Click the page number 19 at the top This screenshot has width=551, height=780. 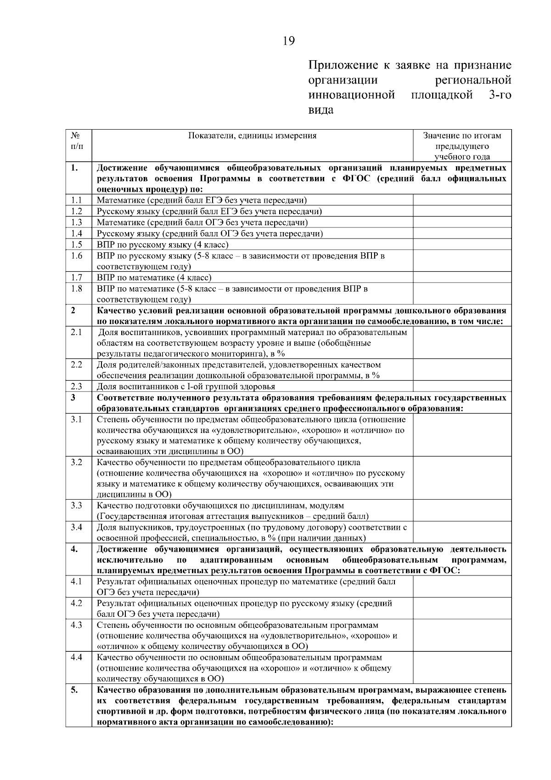click(289, 41)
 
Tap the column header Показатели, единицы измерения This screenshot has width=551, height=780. click(252, 136)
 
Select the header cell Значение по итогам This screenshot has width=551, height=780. click(462, 136)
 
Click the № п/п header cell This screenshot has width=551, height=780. click(77, 141)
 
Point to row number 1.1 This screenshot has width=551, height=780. click(77, 200)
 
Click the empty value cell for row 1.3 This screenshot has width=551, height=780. click(462, 222)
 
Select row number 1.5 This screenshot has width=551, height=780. click(77, 245)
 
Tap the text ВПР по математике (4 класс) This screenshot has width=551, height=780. click(154, 278)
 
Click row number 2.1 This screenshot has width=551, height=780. click(77, 332)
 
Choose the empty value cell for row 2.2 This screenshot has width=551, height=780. click(462, 370)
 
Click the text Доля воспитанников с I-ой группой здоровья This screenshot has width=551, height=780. click(186, 387)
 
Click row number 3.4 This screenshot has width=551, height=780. click(77, 527)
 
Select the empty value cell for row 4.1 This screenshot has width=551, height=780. click(462, 586)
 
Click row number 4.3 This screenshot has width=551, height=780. click(77, 625)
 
